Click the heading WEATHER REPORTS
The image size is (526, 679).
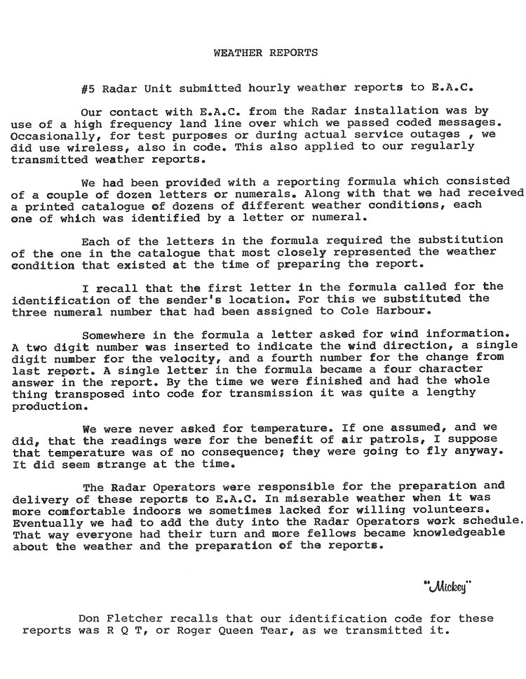(265, 53)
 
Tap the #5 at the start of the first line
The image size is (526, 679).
(88, 88)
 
